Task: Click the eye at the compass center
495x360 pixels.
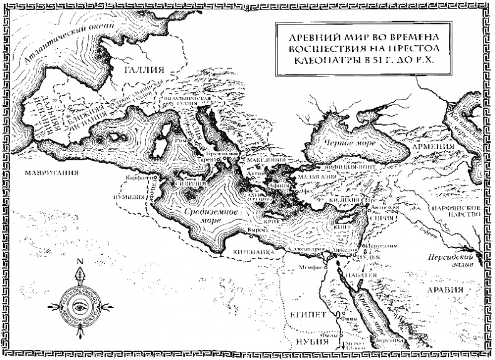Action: [80, 306]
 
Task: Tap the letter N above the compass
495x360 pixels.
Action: [80, 262]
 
